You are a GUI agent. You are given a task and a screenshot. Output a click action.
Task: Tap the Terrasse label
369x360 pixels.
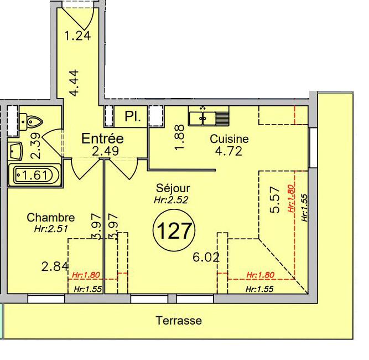[x=179, y=321]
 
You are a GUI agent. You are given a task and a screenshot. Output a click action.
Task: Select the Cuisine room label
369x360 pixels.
[x=229, y=139]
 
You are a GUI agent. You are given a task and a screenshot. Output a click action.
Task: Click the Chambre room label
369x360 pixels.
[x=50, y=218]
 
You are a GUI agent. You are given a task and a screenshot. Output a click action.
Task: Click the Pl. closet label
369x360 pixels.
[x=132, y=117]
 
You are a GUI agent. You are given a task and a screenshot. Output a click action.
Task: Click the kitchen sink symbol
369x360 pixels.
[x=209, y=117]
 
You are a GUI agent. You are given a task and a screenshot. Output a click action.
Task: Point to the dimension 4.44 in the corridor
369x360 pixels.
[x=77, y=83]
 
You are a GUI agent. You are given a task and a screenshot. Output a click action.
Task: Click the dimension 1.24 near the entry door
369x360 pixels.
[x=77, y=37]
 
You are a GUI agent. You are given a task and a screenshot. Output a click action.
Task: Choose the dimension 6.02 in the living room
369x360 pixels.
[x=206, y=257]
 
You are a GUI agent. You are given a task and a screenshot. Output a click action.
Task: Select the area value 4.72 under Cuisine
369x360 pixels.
[x=229, y=151]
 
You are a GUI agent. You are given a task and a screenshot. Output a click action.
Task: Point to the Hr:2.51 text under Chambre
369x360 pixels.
[x=50, y=228]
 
